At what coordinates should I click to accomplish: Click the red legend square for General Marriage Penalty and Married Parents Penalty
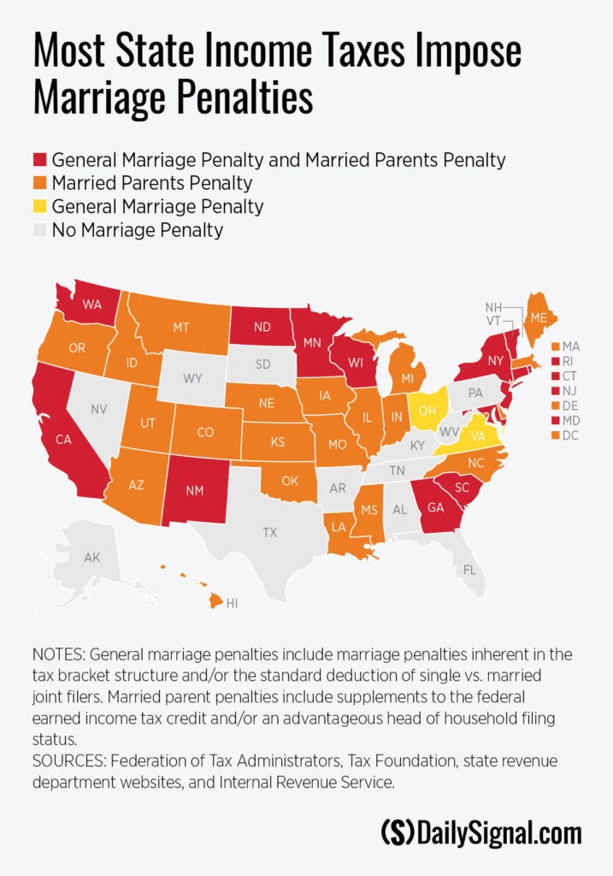40,160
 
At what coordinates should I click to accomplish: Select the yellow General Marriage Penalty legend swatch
40,206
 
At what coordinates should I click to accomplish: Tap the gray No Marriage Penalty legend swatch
40,229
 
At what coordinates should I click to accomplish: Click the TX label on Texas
269,532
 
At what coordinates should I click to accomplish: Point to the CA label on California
63,440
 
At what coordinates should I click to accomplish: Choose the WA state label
92,304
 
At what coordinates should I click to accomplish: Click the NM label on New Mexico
195,491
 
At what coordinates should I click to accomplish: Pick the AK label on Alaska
92,558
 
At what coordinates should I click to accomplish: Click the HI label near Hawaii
232,602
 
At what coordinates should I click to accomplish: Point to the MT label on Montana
180,326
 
